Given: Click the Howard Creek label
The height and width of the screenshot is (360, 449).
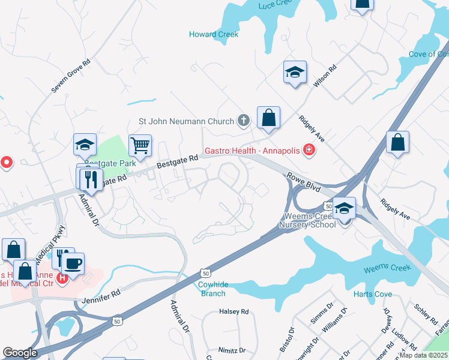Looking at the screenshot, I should [x=214, y=34].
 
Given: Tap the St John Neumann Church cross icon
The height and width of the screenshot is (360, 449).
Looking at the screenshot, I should [x=243, y=121].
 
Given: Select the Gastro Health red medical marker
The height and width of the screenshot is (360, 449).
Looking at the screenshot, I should [x=309, y=149].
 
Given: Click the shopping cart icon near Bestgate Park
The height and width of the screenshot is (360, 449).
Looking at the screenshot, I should [x=140, y=145].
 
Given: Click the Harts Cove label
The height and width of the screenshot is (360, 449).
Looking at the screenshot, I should [x=373, y=294].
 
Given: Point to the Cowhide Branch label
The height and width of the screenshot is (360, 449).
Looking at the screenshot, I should [x=212, y=289].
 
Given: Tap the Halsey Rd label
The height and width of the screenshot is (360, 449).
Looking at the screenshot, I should [x=234, y=311].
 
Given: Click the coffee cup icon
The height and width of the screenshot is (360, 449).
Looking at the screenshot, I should [x=73, y=264].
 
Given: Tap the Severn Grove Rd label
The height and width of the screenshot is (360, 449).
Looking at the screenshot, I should [x=70, y=75].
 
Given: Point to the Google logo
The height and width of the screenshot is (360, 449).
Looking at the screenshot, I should [x=20, y=353].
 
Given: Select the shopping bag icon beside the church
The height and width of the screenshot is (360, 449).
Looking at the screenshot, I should [x=268, y=118].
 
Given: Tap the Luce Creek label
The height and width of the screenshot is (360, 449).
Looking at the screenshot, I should [x=274, y=5].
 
